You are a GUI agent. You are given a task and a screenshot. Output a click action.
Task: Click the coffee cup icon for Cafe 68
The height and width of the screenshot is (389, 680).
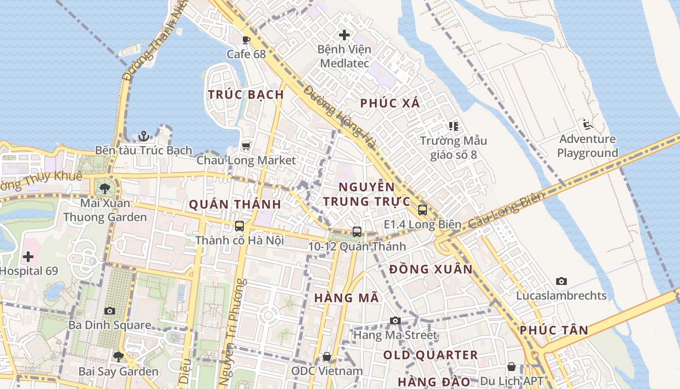[246, 40]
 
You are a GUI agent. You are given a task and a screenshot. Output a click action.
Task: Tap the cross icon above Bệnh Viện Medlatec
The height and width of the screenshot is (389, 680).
[344, 35]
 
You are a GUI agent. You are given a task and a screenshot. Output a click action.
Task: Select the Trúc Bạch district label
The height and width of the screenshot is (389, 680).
[246, 94]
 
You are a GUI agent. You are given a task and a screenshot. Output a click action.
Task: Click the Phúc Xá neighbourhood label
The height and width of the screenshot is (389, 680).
[390, 103]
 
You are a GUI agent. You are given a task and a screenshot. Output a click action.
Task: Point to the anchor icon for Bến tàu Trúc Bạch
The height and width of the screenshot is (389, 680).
[143, 136]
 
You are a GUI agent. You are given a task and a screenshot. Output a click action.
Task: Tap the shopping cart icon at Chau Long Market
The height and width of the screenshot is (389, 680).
[246, 146]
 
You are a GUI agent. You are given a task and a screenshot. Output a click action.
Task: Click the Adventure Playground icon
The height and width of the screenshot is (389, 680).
[588, 124]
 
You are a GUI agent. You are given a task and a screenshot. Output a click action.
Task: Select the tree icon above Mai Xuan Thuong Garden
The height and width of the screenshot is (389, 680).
[105, 188]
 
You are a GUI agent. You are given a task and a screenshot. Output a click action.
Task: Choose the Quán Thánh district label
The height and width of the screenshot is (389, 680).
[235, 204]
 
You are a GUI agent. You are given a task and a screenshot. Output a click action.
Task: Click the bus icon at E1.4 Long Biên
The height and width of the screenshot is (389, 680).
[423, 210]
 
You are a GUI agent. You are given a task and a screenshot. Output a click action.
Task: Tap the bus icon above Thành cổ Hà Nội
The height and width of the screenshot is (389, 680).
[239, 226]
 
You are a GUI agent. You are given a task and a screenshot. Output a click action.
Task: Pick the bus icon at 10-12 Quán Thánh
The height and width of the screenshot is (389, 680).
[357, 232]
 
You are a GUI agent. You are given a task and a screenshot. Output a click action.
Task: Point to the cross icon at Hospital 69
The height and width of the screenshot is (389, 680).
[28, 256]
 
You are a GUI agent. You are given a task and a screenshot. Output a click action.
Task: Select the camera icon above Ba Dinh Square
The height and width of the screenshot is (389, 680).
[110, 311]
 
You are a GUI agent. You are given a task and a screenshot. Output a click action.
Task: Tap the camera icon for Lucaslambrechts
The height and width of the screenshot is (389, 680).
[561, 281]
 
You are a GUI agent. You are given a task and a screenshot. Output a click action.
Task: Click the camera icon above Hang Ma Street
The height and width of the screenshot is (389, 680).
[395, 320]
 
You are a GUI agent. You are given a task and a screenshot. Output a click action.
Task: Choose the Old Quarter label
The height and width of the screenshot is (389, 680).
[430, 355]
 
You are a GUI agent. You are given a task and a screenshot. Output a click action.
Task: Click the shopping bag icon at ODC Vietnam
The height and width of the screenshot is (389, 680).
[327, 357]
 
